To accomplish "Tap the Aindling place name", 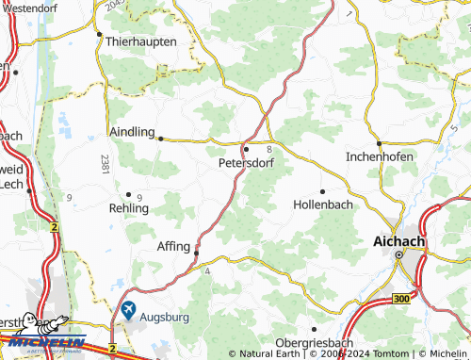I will [x=132, y=133].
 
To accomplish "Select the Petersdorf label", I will [x=244, y=162].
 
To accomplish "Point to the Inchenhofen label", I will [x=380, y=156].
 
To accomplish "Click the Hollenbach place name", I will [x=325, y=204].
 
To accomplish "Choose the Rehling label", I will [x=129, y=208].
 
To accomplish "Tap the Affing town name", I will [x=172, y=246].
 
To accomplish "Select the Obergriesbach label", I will [x=316, y=342].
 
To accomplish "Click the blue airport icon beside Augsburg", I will [x=127, y=309].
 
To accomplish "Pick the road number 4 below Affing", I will [x=206, y=271].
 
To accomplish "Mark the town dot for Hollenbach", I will [x=324, y=191].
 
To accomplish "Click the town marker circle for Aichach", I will [x=398, y=254].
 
